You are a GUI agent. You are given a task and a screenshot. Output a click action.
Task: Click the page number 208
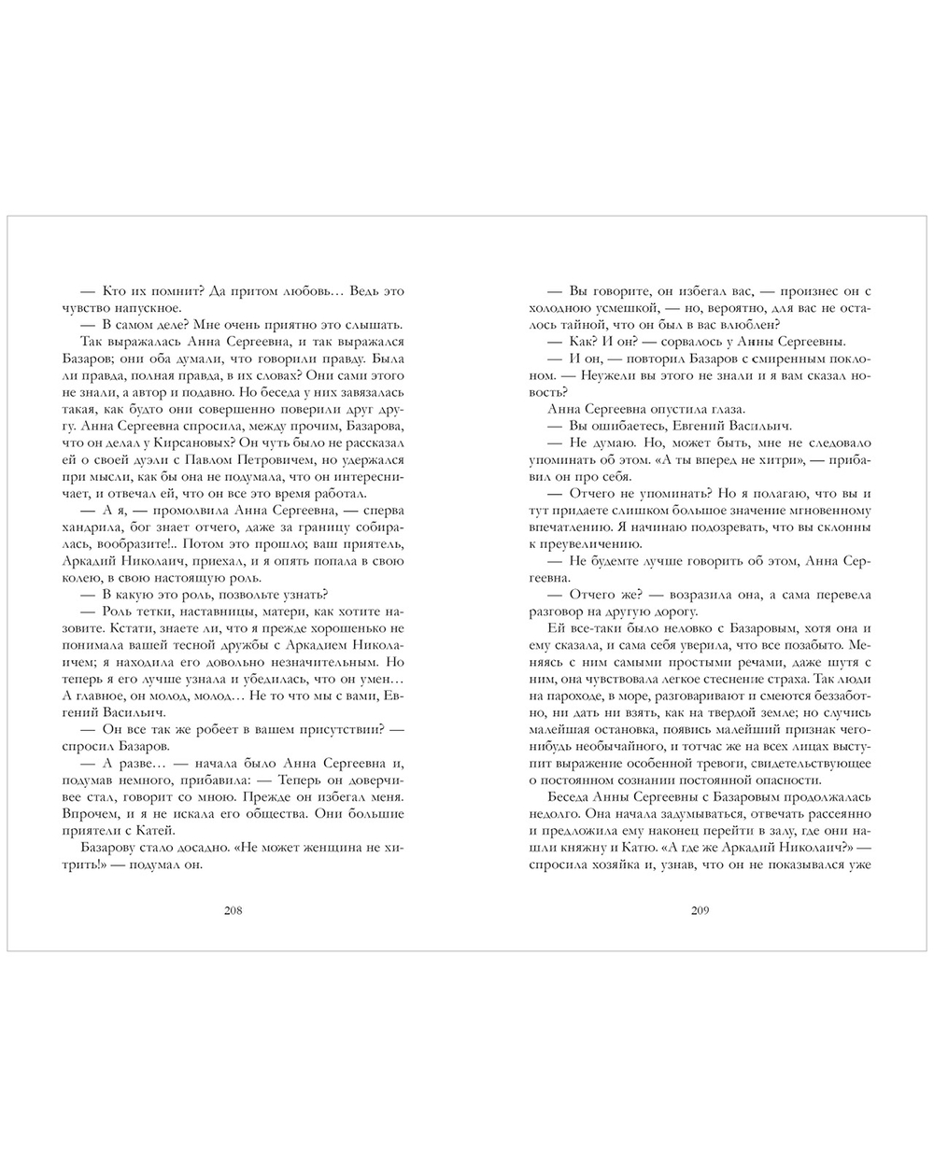point(233,912)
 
